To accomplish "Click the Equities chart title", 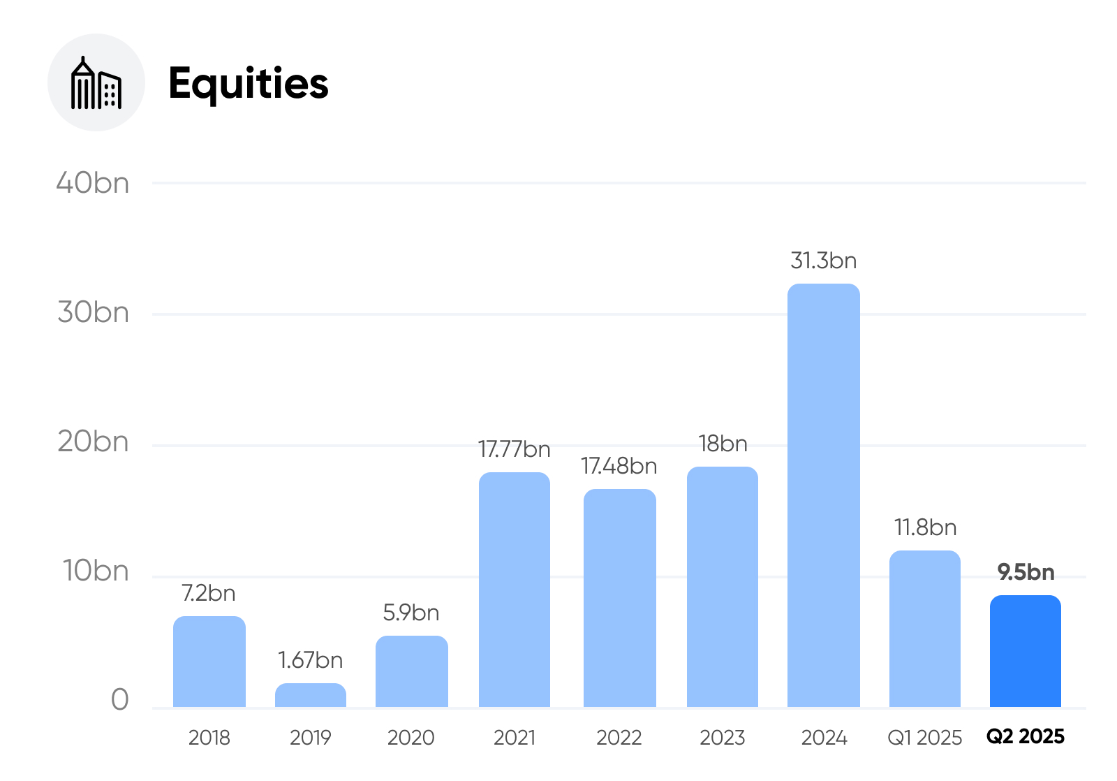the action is pyautogui.click(x=249, y=84).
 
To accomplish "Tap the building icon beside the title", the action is pyautogui.click(x=96, y=83).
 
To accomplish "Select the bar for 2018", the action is pyautogui.click(x=209, y=662).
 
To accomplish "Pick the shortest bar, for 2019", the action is pyautogui.click(x=311, y=695).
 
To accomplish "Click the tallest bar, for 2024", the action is pyautogui.click(x=824, y=495).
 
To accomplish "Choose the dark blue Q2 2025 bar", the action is pyautogui.click(x=1026, y=651).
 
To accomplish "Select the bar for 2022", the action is pyautogui.click(x=620, y=598).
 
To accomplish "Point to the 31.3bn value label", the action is pyautogui.click(x=823, y=261).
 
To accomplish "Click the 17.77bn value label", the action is pyautogui.click(x=514, y=449).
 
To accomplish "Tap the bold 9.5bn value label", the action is pyautogui.click(x=1026, y=572).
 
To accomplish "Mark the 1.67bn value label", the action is pyautogui.click(x=310, y=660).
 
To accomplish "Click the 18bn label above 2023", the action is pyautogui.click(x=723, y=444).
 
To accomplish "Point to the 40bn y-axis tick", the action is pyautogui.click(x=93, y=182).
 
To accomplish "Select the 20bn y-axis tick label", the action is pyautogui.click(x=94, y=441).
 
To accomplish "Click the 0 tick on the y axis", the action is pyautogui.click(x=119, y=699).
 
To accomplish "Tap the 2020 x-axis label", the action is pyautogui.click(x=411, y=738).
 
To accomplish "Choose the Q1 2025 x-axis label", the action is pyautogui.click(x=924, y=738).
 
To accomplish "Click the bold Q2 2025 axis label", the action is pyautogui.click(x=1026, y=736).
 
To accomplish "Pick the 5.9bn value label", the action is pyautogui.click(x=411, y=613).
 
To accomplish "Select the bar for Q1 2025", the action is pyautogui.click(x=925, y=629).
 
